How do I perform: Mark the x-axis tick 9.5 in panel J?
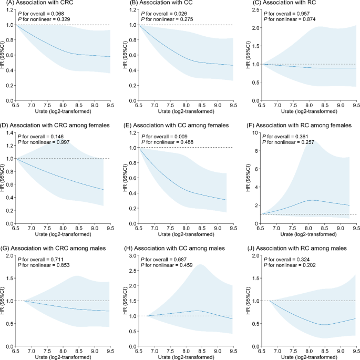(x=355, y=350)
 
